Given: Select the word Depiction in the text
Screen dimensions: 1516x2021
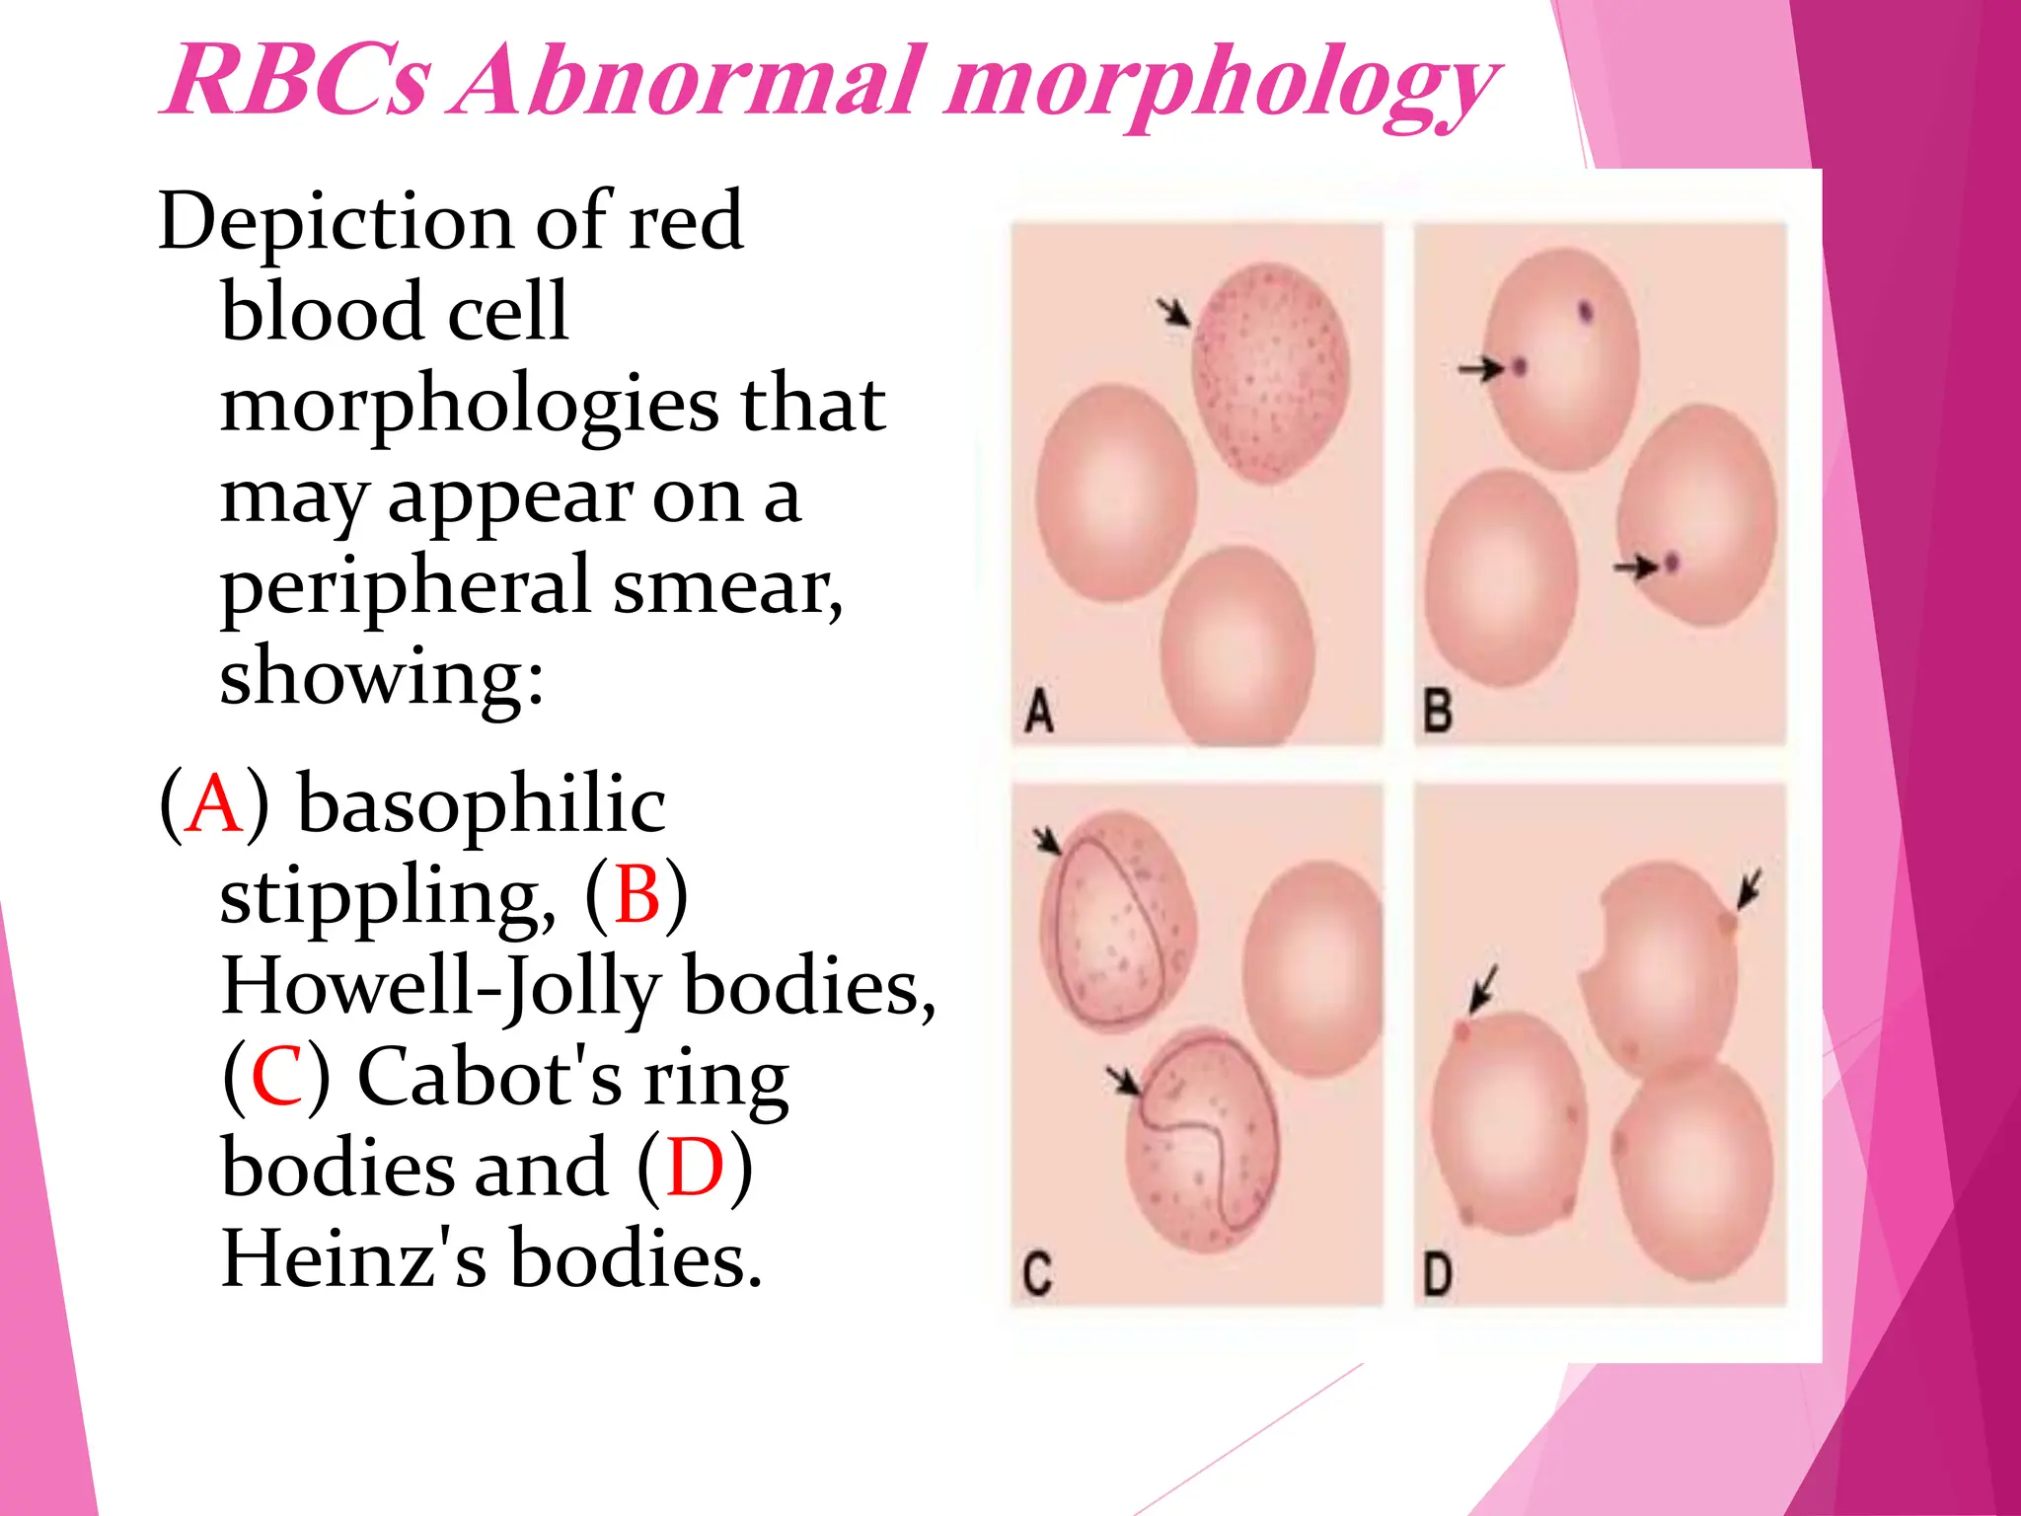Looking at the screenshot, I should tap(335, 223).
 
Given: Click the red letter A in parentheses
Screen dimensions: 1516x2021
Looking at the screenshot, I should tap(215, 805).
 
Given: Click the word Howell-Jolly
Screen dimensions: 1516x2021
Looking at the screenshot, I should tap(441, 987).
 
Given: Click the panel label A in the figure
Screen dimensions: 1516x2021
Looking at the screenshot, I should tap(1038, 712).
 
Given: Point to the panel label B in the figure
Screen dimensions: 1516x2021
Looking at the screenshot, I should tap(1438, 712).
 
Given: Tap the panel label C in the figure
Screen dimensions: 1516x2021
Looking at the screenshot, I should tap(1037, 1273).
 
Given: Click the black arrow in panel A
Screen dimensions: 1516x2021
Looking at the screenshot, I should tap(1174, 312).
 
